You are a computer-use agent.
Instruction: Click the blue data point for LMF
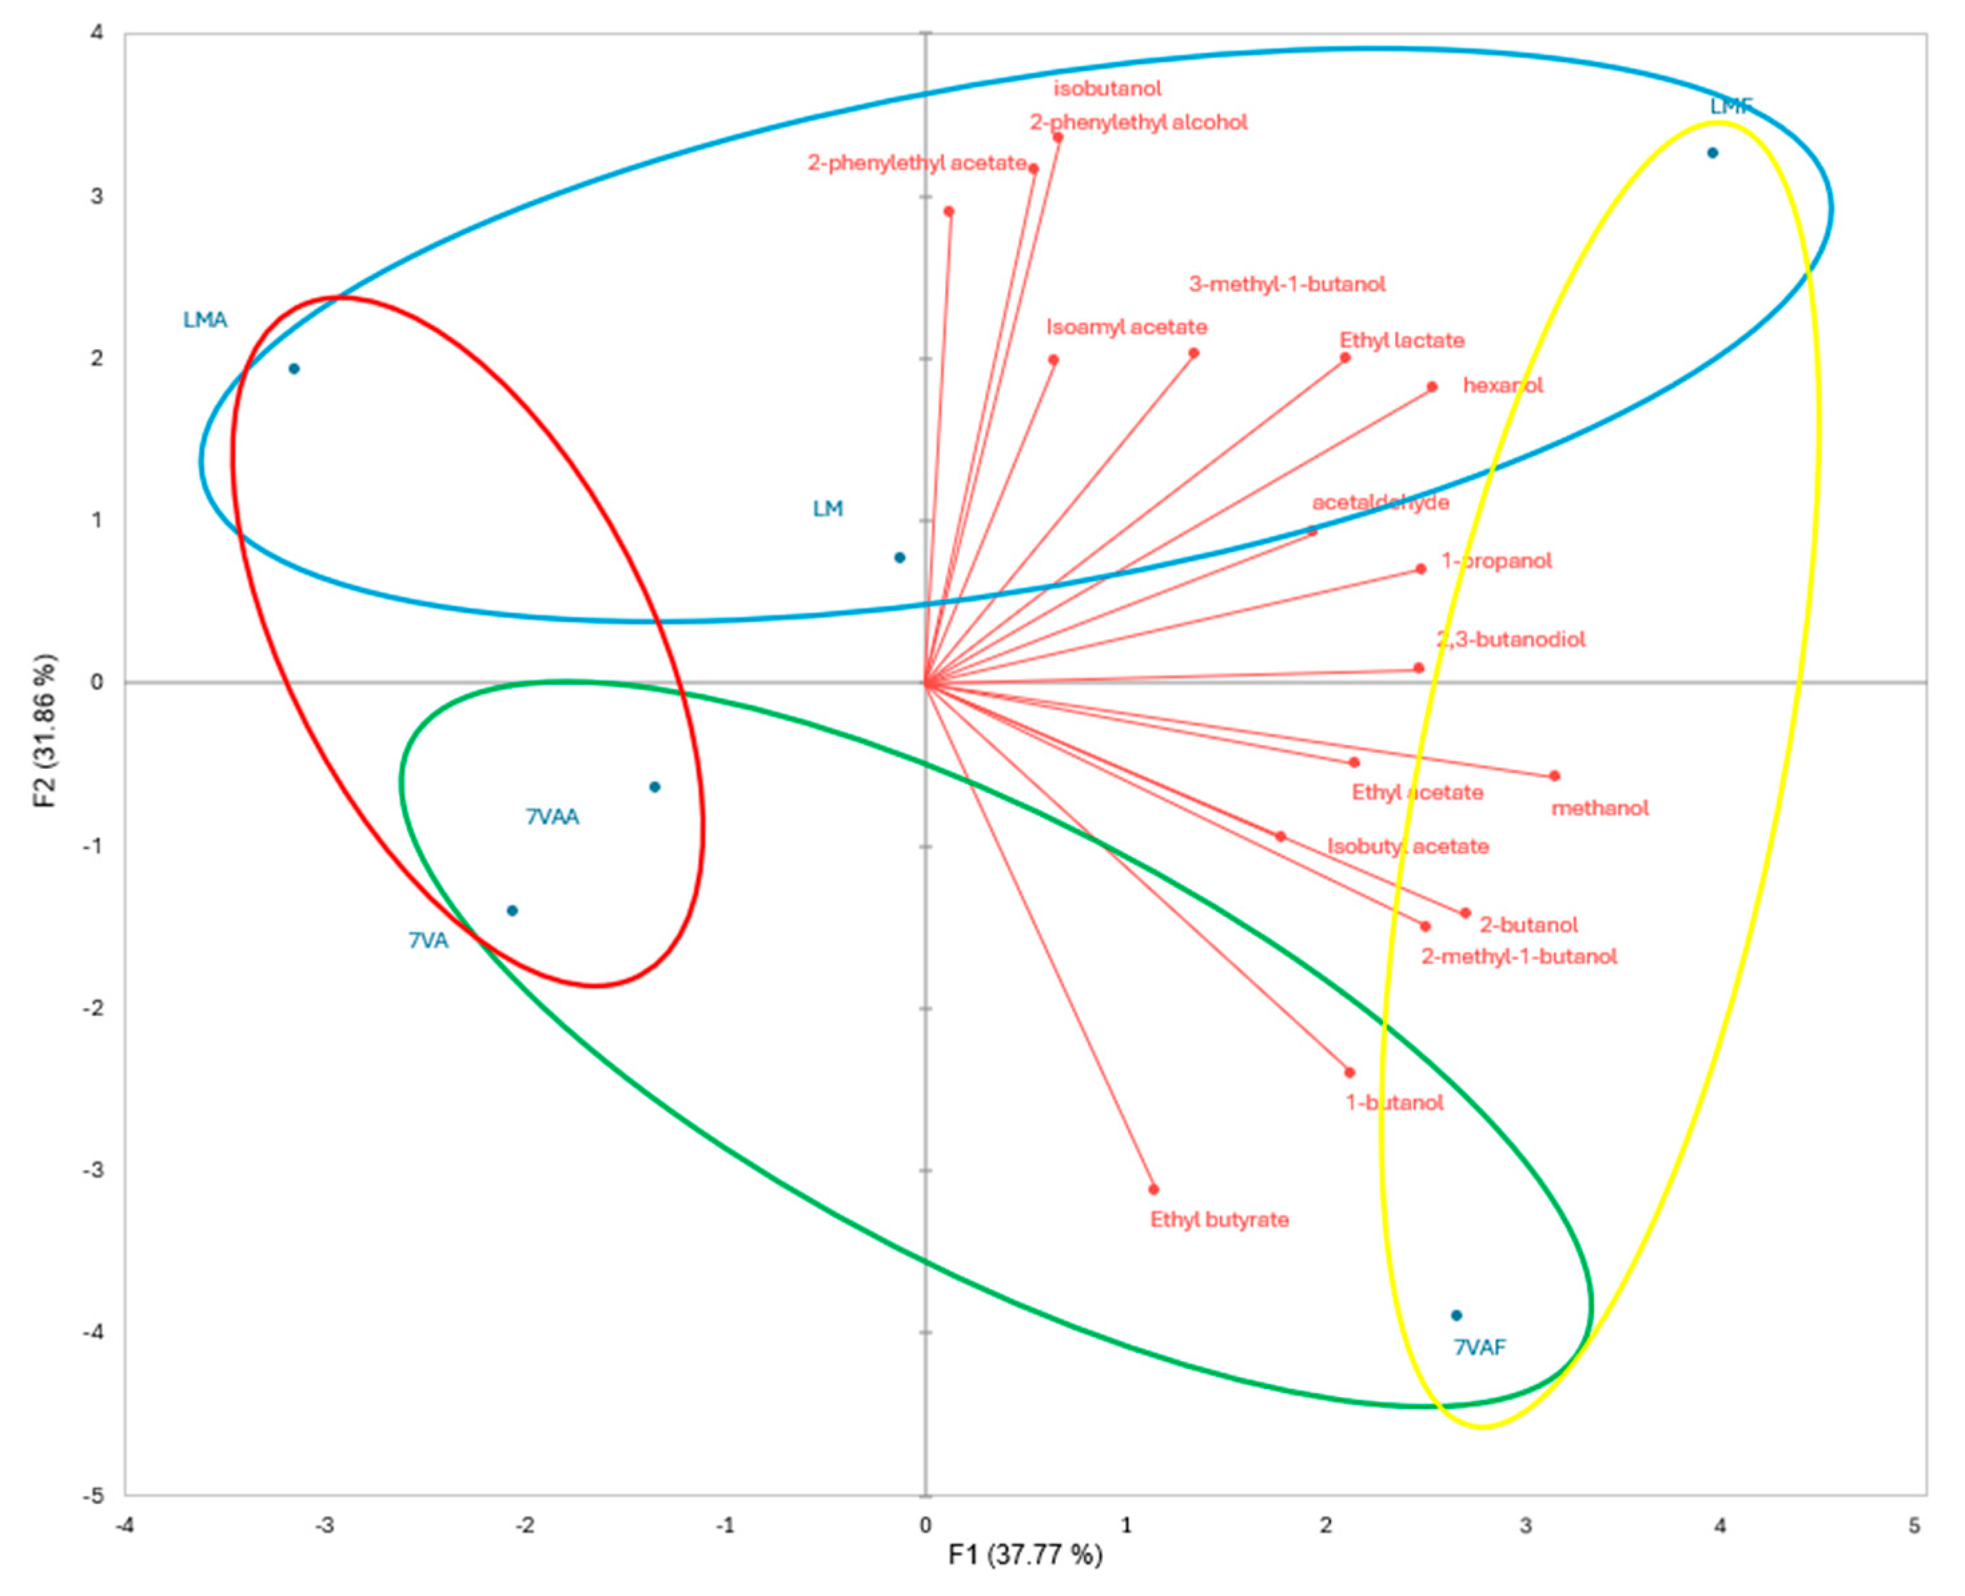pyautogui.click(x=1712, y=153)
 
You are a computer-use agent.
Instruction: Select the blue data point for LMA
pyautogui.click(x=294, y=368)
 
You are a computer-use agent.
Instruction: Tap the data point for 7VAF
pyautogui.click(x=1456, y=1316)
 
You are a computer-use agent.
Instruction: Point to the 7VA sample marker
pyautogui.click(x=513, y=910)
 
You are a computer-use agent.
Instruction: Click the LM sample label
pyautogui.click(x=827, y=509)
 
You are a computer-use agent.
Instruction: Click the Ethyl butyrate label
pyautogui.click(x=1219, y=1219)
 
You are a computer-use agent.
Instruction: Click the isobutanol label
pyautogui.click(x=1107, y=88)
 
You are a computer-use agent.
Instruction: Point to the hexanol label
pyautogui.click(x=1502, y=385)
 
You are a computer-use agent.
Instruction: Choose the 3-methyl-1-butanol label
pyautogui.click(x=1287, y=284)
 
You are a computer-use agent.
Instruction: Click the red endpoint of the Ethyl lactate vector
pyautogui.click(x=1346, y=358)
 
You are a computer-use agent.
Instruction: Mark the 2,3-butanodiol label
pyautogui.click(x=1511, y=639)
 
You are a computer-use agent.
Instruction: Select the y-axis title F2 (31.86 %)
pyautogui.click(x=45, y=731)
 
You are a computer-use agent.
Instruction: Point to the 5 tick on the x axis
pyautogui.click(x=1914, y=1525)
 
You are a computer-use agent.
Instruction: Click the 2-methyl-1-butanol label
pyautogui.click(x=1519, y=956)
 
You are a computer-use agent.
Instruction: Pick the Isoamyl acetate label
pyautogui.click(x=1127, y=326)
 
